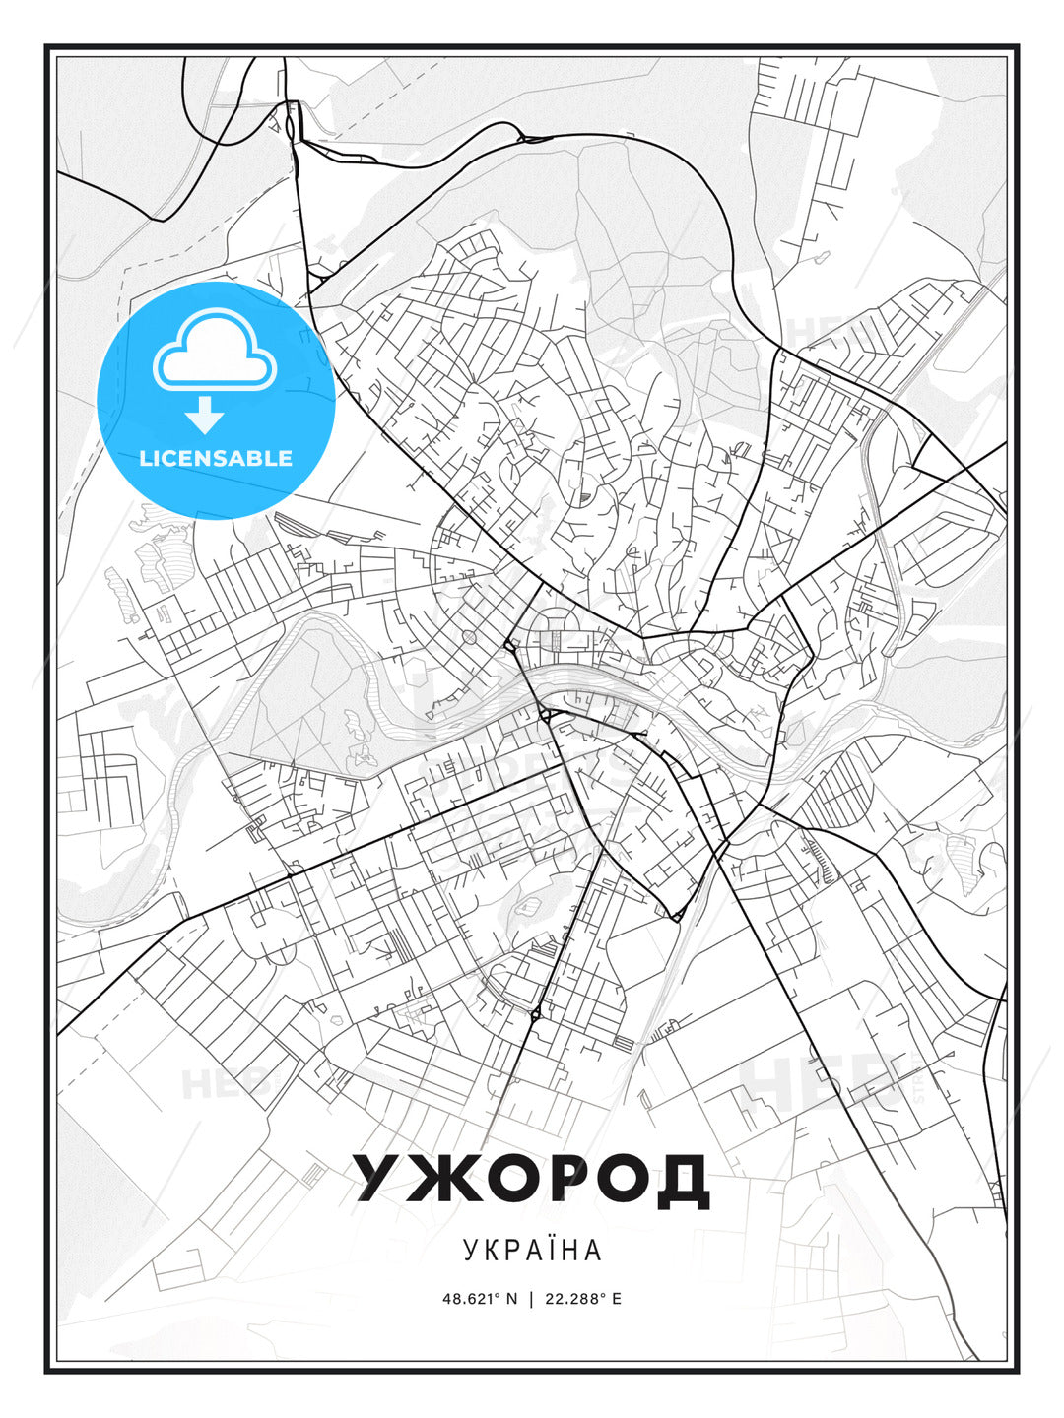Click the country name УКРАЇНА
coord(532,1251)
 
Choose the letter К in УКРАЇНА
coord(493,1251)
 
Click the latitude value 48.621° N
coord(480,1298)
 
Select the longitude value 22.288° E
coord(582,1298)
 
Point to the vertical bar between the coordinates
coord(532,1298)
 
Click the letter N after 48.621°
coord(512,1298)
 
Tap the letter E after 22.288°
coord(617,1298)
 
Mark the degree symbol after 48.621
coord(499,1294)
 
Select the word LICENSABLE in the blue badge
coord(216,458)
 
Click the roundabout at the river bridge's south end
coord(545,715)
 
